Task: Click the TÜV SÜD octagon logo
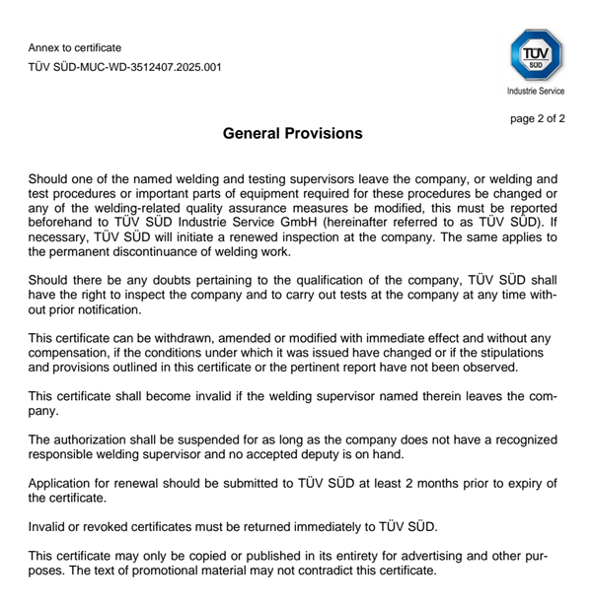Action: point(536,54)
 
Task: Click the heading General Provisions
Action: point(293,133)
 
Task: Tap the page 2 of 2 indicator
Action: point(537,119)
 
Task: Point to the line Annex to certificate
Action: point(75,47)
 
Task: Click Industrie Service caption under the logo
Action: point(536,91)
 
